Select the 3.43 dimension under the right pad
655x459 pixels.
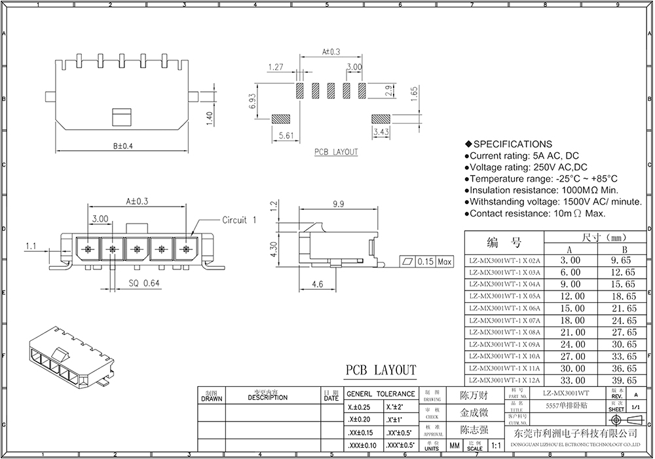coord(381,132)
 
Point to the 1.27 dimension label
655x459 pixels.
coord(276,67)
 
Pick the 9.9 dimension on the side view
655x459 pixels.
coord(338,205)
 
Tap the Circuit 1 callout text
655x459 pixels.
coord(239,220)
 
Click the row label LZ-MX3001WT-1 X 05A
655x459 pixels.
coord(504,296)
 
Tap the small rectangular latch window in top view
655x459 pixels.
coord(122,117)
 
